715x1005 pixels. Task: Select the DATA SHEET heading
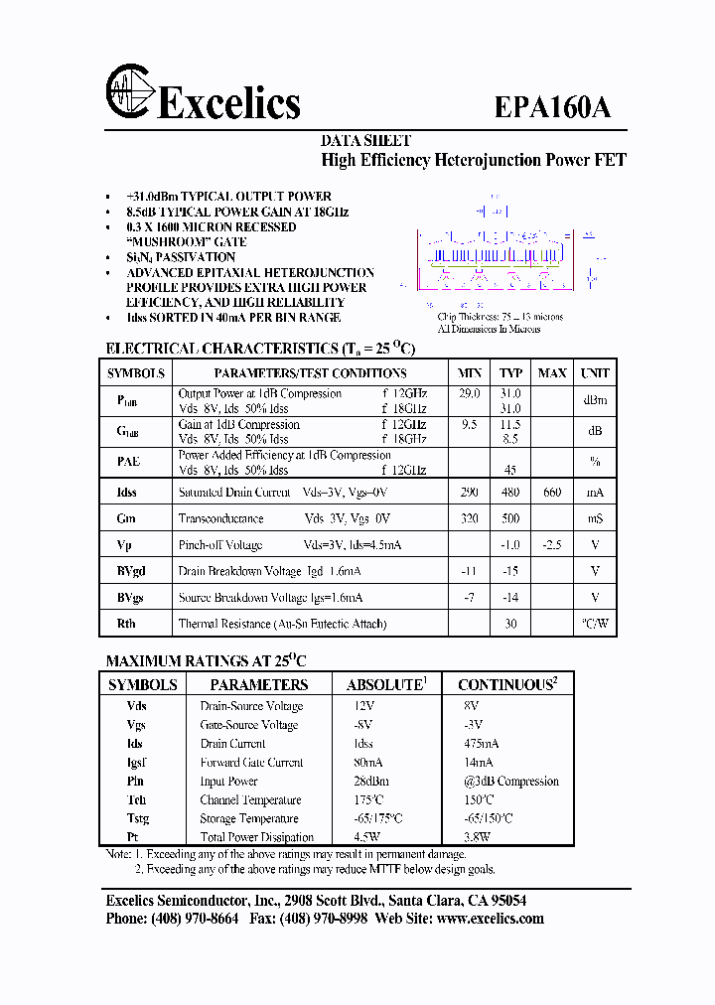(x=365, y=141)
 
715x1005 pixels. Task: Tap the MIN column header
(x=469, y=373)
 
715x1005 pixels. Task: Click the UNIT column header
(x=595, y=373)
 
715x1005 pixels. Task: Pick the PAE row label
(x=128, y=462)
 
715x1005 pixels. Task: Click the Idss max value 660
(x=551, y=493)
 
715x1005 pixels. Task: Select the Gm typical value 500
(x=510, y=518)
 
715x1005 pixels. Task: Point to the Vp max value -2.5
(x=551, y=545)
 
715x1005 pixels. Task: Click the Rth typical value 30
(x=510, y=624)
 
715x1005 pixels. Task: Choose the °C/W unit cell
(x=595, y=624)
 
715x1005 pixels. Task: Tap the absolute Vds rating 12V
(x=364, y=706)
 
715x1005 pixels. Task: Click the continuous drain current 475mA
(x=482, y=744)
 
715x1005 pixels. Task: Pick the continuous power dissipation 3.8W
(x=478, y=837)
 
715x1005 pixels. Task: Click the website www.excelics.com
(x=490, y=919)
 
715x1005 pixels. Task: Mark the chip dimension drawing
(x=506, y=258)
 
